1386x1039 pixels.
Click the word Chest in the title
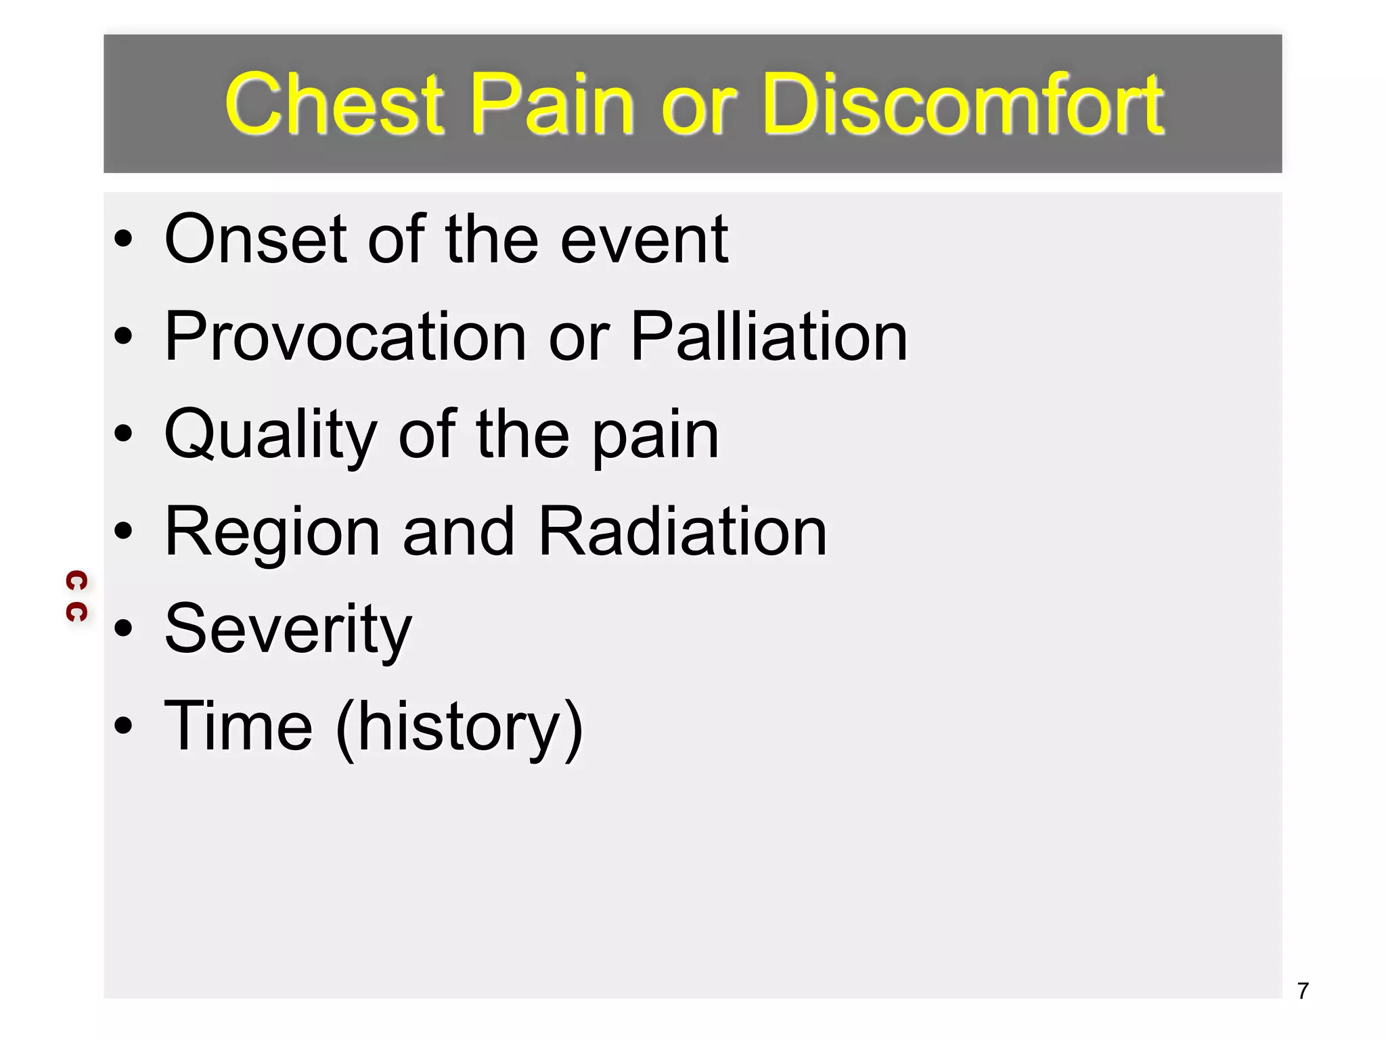point(334,105)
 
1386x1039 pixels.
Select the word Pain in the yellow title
point(552,105)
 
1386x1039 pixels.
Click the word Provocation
point(345,336)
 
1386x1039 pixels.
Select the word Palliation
point(769,336)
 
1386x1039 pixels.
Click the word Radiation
point(682,532)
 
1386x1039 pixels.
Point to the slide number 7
point(1303,991)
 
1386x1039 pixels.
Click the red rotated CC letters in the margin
point(76,596)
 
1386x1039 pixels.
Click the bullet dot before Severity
point(123,628)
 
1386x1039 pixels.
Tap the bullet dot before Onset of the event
point(123,239)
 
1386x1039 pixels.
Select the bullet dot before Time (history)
point(123,726)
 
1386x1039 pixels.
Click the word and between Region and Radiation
point(458,532)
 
